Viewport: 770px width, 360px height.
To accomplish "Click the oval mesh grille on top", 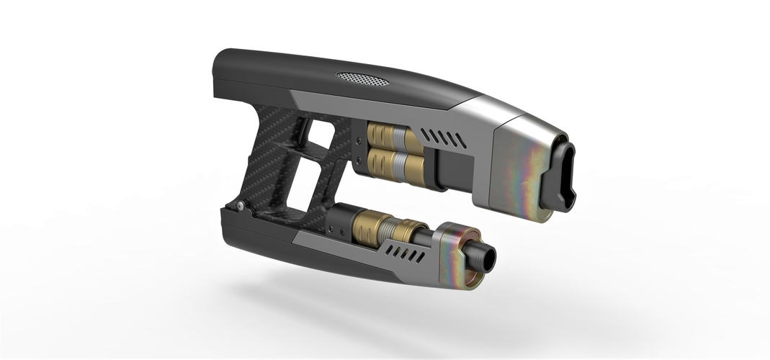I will coord(362,77).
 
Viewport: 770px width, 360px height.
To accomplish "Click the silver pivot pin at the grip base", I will coord(238,207).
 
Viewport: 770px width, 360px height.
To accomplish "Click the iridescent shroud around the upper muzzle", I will coord(529,166).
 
